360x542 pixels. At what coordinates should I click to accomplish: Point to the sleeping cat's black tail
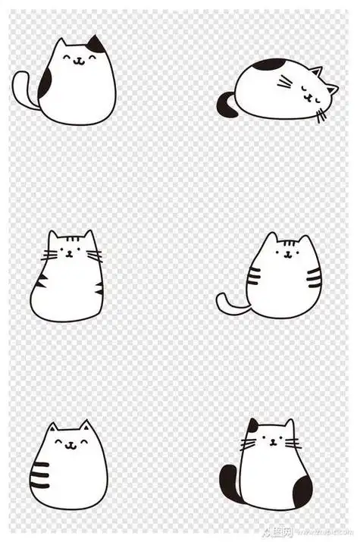click(x=225, y=105)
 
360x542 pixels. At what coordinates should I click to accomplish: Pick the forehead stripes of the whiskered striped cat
click(x=70, y=244)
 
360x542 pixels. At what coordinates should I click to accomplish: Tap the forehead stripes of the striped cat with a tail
click(x=287, y=244)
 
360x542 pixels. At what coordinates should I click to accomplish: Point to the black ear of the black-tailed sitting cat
click(x=252, y=426)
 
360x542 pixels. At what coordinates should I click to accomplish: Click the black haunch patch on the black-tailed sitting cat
click(x=301, y=491)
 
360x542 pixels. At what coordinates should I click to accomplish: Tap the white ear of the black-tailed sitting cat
click(x=288, y=426)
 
